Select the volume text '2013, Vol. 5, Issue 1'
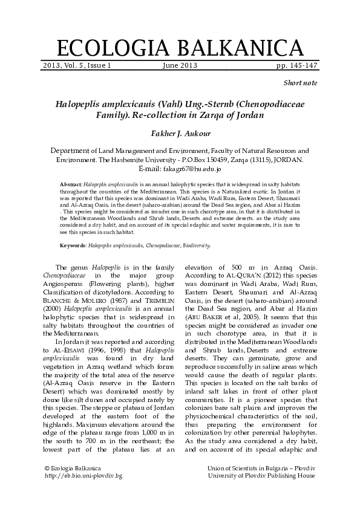(77, 65)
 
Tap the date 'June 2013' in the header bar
(180, 65)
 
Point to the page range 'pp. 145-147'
(296, 65)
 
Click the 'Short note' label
(300, 82)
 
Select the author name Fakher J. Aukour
(180, 132)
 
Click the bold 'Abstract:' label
(71, 183)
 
